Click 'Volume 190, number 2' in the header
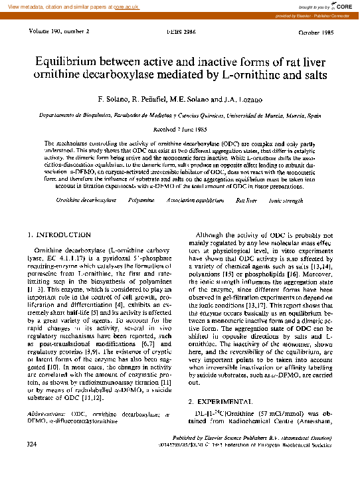[60, 31]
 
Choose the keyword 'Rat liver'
[238, 199]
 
